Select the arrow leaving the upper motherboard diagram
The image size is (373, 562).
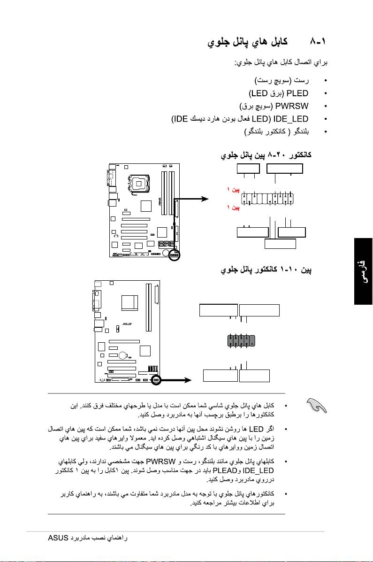click(x=193, y=199)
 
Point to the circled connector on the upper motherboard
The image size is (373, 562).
click(x=175, y=255)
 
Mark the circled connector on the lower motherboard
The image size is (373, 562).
click(x=156, y=379)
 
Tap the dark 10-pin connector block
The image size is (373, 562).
click(x=241, y=341)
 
